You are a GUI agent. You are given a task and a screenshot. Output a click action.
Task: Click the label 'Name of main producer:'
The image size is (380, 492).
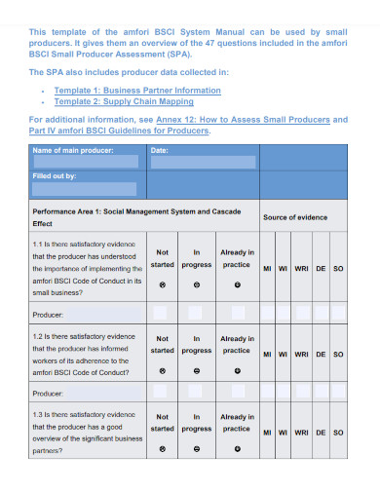73,150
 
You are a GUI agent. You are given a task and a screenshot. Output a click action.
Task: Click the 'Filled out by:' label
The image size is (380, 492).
56,176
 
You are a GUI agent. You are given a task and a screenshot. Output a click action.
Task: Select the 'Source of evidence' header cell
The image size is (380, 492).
294,216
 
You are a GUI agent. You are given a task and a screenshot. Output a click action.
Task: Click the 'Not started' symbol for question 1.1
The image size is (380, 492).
162,285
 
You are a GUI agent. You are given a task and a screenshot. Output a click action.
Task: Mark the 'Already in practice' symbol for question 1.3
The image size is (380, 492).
237,449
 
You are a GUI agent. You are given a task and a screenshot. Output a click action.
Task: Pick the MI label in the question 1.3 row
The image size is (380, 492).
266,431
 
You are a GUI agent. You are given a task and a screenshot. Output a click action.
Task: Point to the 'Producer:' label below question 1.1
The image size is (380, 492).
49,315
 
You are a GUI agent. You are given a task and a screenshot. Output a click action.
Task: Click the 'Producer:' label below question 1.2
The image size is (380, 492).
49,394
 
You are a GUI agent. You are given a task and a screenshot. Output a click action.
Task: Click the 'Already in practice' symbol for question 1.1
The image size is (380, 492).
237,285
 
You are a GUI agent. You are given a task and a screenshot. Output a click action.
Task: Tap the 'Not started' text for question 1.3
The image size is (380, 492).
162,422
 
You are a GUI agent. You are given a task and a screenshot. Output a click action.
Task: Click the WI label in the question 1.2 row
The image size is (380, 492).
282,355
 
